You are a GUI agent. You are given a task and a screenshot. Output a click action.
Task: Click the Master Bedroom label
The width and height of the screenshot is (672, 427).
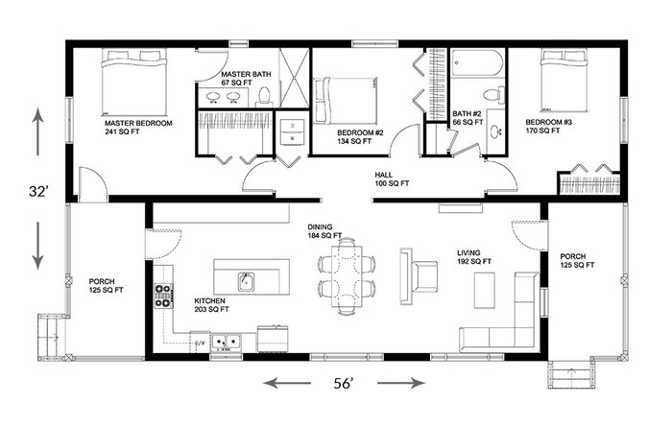138,124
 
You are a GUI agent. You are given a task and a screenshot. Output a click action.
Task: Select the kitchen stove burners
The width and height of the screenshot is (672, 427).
164,297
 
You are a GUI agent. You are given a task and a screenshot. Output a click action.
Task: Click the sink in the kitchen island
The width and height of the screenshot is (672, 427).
246,281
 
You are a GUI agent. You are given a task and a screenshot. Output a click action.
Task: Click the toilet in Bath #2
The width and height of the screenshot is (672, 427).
494,95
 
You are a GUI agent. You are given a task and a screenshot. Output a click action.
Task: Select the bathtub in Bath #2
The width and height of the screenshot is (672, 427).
476,63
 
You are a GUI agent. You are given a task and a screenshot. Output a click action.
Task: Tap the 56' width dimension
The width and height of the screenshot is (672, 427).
344,383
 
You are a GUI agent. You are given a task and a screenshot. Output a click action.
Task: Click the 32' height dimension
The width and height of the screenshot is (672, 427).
37,191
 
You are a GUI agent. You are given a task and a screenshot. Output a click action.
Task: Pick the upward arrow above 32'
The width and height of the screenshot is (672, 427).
38,131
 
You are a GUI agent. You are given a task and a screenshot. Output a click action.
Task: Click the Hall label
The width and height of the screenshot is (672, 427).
384,175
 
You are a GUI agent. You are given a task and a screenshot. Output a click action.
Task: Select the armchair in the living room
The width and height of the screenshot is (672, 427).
424,276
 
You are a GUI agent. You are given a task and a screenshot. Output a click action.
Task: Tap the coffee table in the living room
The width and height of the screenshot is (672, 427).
484,290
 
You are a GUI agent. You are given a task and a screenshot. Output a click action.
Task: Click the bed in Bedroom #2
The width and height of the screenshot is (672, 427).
345,101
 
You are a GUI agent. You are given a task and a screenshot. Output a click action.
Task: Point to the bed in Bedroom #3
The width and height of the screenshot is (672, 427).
564,80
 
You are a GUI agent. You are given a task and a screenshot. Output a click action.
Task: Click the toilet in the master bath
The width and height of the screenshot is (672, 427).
264,96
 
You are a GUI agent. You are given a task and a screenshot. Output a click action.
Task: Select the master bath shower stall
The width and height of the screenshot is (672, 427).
294,78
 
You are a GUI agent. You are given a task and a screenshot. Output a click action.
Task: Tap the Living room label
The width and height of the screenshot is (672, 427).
468,252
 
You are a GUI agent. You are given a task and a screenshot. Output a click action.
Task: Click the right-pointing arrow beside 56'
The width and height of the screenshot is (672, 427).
401,383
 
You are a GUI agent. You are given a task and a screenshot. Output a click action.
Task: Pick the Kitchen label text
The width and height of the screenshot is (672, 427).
209,300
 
